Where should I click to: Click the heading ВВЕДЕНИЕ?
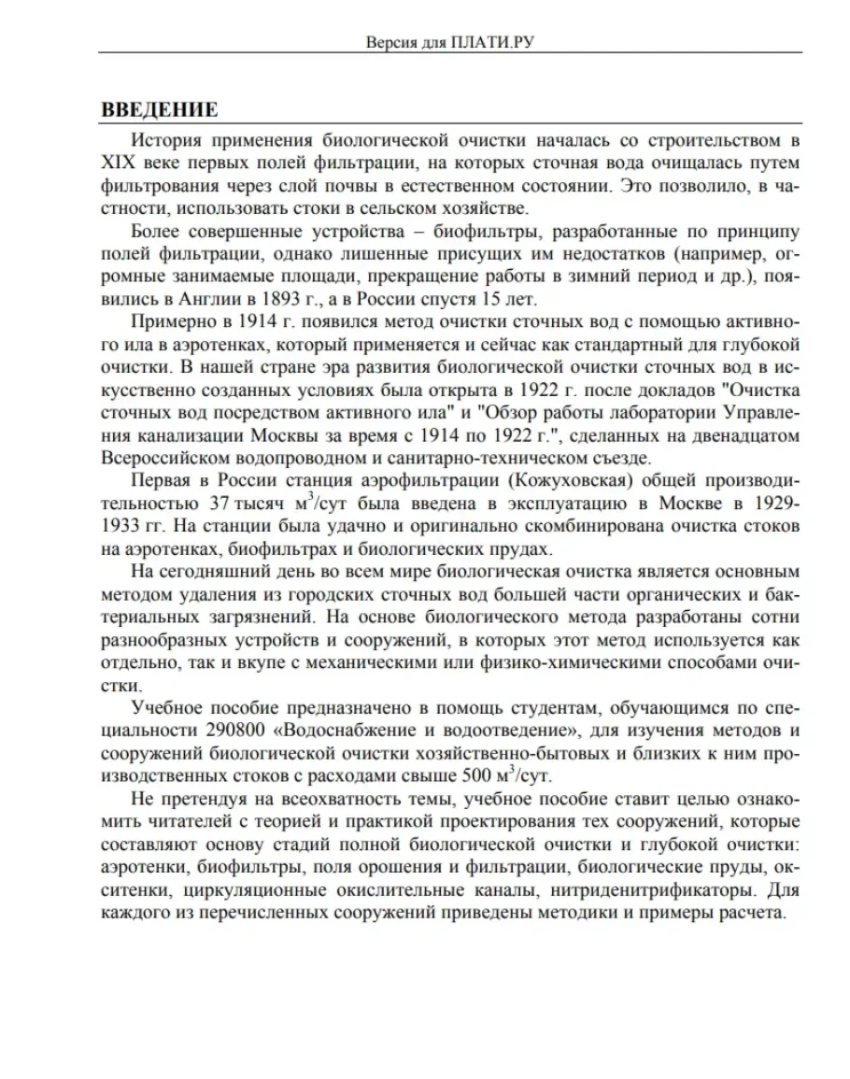[x=160, y=110]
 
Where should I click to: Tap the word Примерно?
[x=174, y=322]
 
